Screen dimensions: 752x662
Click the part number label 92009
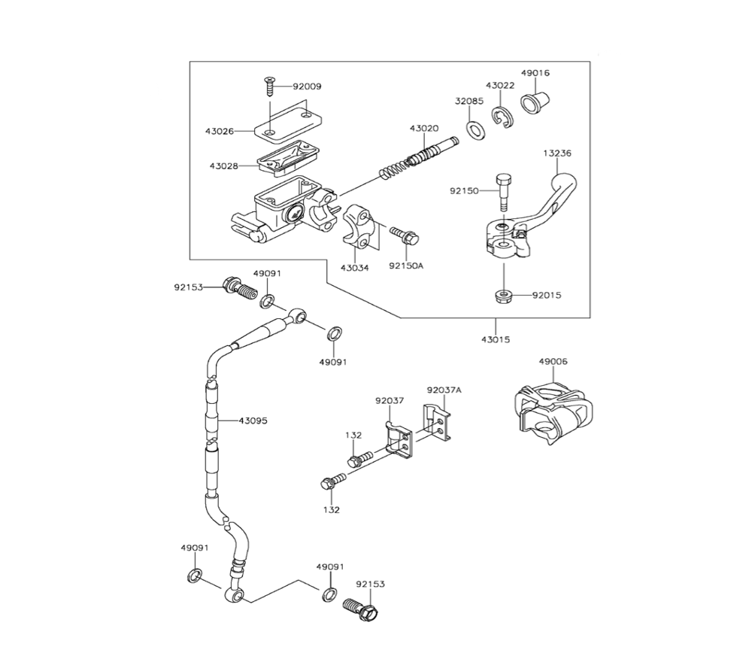tap(307, 87)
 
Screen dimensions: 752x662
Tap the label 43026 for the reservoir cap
tap(220, 131)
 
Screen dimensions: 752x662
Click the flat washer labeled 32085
tap(475, 129)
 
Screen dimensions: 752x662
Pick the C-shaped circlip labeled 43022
tap(502, 118)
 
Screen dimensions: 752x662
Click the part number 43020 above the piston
tap(424, 129)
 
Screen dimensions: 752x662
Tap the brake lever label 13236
tap(557, 153)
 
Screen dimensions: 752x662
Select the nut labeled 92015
tap(504, 295)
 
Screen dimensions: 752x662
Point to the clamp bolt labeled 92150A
tap(404, 235)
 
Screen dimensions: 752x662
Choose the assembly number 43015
tap(496, 339)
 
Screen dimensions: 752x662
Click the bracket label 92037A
tap(444, 390)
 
